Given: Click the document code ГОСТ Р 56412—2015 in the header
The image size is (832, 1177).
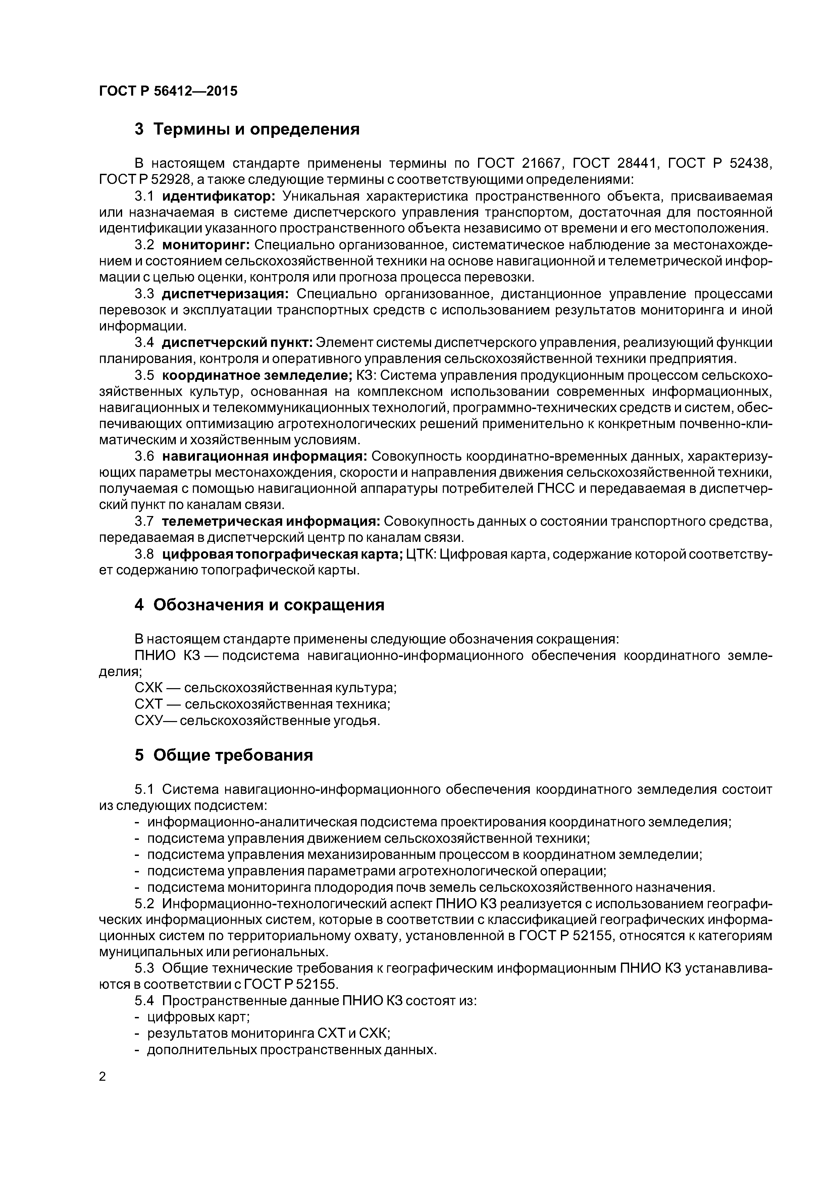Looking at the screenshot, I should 168,91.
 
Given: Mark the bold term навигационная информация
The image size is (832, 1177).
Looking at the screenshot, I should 264,456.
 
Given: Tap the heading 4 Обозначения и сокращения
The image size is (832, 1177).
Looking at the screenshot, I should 259,605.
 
